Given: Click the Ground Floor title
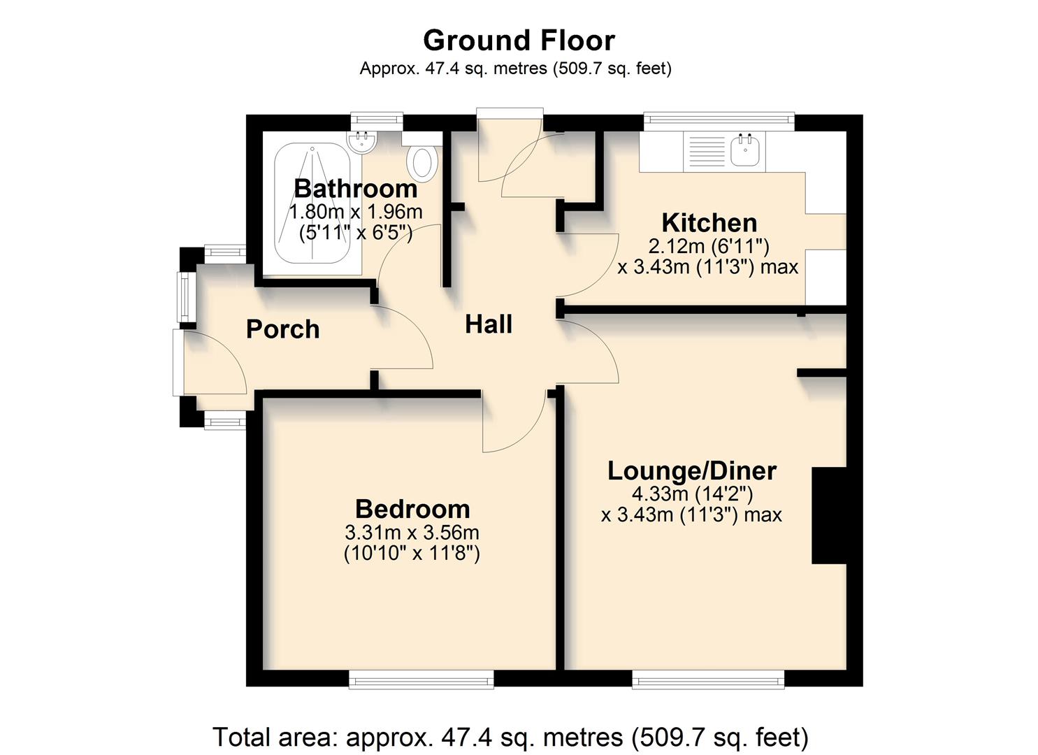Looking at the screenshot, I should click(519, 41).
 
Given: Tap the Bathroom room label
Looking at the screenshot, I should click(355, 188).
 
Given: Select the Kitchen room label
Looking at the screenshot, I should click(709, 222).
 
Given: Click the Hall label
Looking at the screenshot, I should click(489, 324).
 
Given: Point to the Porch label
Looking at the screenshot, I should click(282, 329).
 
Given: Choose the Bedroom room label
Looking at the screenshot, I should click(412, 508).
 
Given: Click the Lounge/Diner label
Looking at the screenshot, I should click(691, 470).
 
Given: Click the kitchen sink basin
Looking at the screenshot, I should click(745, 150).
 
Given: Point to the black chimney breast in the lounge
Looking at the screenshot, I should click(828, 515).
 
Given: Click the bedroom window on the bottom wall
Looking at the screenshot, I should click(421, 678).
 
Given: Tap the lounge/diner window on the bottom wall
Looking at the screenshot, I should click(707, 678).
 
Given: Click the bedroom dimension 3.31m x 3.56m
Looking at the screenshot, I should click(412, 533).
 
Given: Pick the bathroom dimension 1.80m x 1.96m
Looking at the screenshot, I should click(355, 211).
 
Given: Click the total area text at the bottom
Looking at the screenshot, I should click(510, 737).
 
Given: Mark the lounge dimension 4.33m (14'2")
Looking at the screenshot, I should click(691, 494).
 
